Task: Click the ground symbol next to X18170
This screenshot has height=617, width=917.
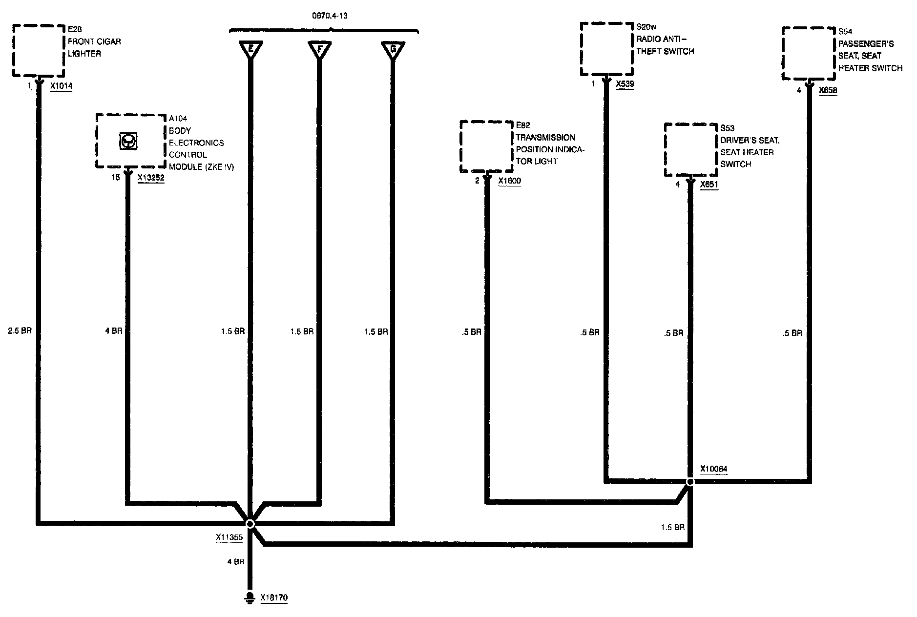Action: click(250, 598)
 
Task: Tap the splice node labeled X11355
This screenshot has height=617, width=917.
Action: click(250, 524)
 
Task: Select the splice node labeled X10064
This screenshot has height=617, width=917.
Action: click(690, 482)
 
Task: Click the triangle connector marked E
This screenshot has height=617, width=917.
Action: click(250, 50)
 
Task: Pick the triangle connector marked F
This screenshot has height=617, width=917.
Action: click(320, 50)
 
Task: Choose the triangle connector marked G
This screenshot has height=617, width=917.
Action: click(393, 50)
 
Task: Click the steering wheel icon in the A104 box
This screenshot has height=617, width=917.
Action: click(128, 142)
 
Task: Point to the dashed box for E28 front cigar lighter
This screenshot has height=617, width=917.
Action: click(39, 50)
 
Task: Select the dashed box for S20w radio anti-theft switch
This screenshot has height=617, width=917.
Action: click(606, 49)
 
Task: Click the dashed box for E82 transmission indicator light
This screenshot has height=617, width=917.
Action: click(486, 146)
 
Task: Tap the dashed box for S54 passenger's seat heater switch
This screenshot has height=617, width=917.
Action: click(809, 53)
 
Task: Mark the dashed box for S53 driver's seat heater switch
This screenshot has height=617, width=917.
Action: click(690, 150)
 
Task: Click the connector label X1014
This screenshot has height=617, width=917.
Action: click(61, 86)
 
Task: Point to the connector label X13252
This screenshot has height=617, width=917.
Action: click(151, 178)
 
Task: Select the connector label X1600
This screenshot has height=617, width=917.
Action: click(509, 181)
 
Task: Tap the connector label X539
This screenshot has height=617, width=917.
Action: click(625, 84)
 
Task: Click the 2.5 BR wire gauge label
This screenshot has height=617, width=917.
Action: click(20, 331)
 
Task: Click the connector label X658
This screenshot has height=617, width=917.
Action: click(828, 90)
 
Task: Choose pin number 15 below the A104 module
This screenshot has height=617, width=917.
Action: click(115, 178)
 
